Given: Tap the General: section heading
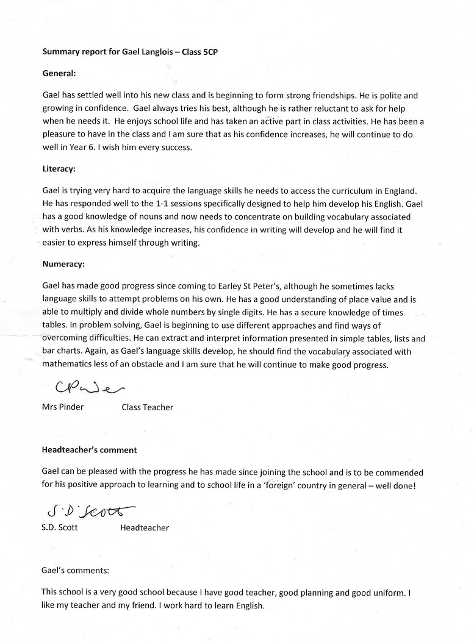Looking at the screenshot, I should click(x=59, y=74).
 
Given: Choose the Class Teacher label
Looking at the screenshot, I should click(x=148, y=407).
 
